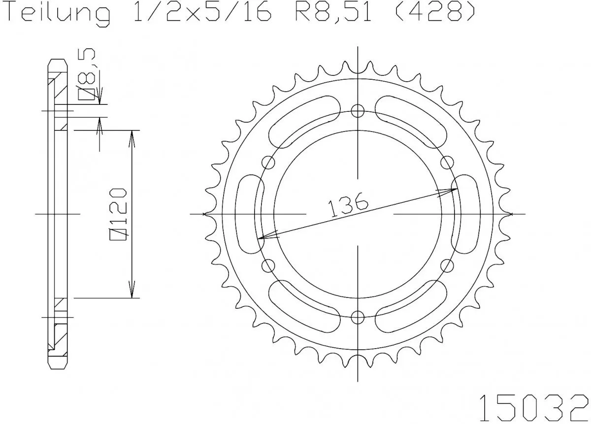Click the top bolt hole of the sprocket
358,110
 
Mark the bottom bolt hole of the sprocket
358,317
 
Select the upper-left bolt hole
269,162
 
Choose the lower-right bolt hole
447,266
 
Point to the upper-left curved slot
303,120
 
